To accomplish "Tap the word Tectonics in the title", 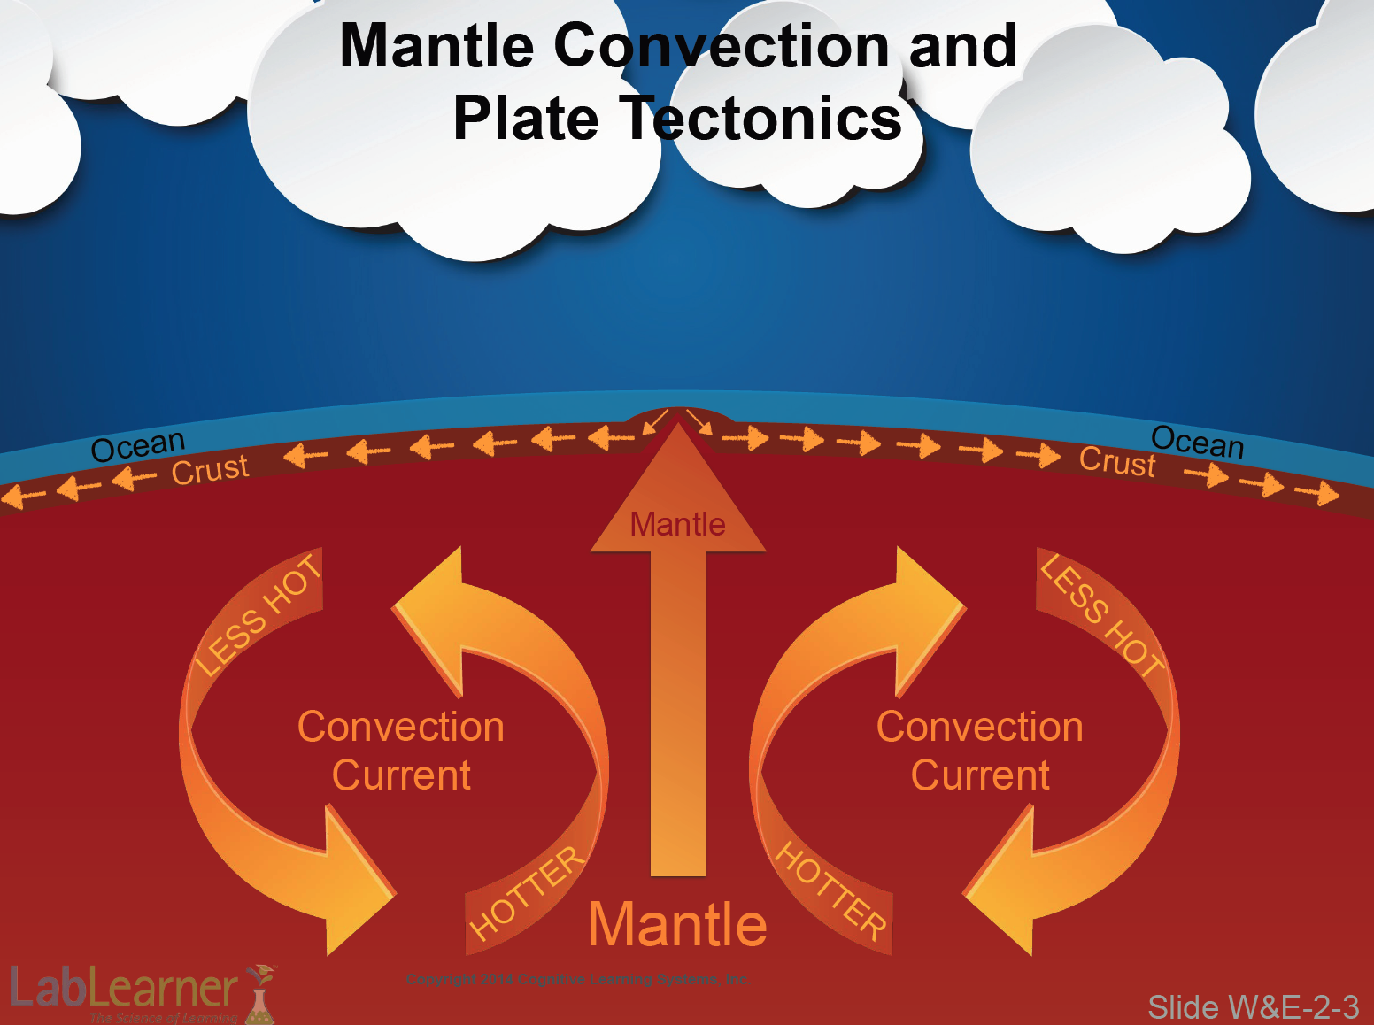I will (x=765, y=119).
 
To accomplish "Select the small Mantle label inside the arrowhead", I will (x=677, y=525).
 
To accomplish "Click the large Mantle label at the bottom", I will (x=677, y=924).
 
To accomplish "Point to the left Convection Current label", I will (x=401, y=751).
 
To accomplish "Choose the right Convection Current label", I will (x=980, y=751).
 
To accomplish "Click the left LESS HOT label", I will (x=258, y=615).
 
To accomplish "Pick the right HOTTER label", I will (x=830, y=890).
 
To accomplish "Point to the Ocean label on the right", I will (x=1197, y=441).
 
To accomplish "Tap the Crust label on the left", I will (x=210, y=469).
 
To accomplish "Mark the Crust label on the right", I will (x=1117, y=462).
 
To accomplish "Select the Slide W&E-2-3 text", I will (x=1253, y=1007).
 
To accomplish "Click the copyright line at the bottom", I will (x=578, y=979).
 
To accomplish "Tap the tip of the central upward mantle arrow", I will (x=678, y=426).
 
